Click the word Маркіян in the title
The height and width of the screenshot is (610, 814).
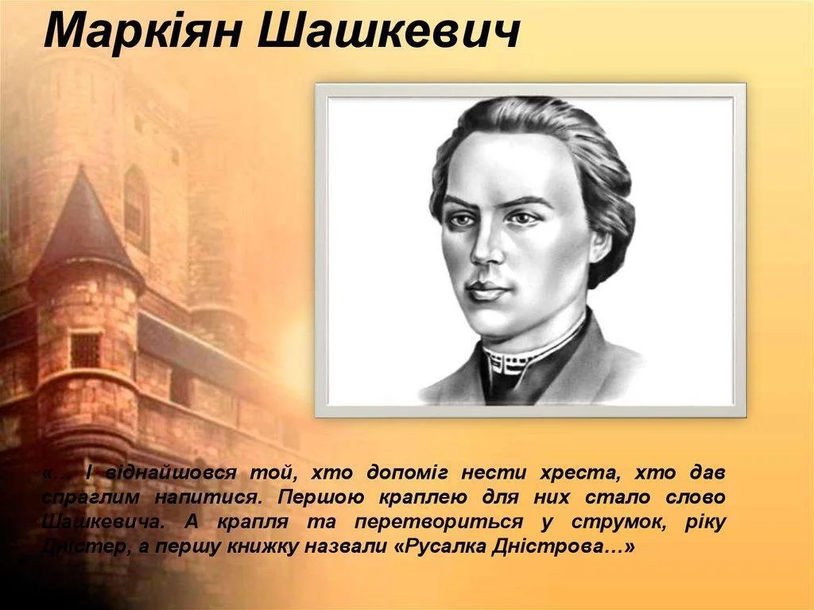(142, 30)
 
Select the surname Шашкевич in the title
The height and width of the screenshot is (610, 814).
(389, 30)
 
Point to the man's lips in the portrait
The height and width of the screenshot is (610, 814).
(485, 290)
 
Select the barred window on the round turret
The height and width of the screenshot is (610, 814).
(86, 349)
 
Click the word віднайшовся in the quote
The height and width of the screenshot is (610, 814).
(171, 473)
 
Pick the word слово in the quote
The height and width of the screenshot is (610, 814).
(695, 497)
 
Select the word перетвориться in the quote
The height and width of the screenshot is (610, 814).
(439, 522)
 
